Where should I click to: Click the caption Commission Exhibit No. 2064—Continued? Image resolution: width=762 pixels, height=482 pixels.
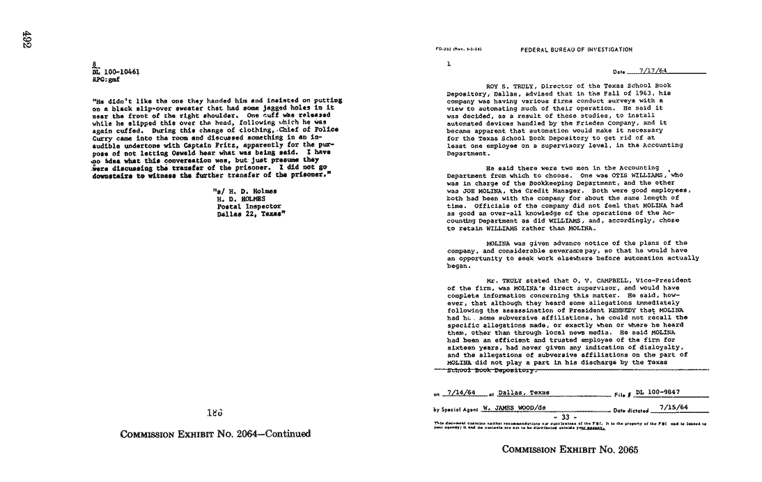click(x=215, y=434)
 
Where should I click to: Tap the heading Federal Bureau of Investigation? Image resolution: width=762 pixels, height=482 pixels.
click(x=576, y=50)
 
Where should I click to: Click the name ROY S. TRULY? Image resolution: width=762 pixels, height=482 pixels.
click(x=506, y=85)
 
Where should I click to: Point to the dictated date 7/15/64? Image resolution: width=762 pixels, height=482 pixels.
click(x=674, y=407)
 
